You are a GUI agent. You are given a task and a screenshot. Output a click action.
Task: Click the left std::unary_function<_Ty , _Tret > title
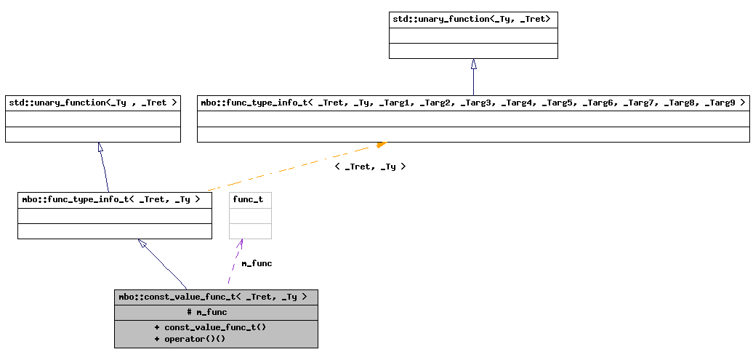92,103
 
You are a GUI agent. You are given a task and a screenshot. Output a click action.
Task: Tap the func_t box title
248,199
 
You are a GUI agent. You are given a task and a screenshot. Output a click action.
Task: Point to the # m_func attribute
207,312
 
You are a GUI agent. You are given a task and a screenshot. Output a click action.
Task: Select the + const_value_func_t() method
210,327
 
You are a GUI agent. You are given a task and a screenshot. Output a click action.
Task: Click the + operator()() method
190,339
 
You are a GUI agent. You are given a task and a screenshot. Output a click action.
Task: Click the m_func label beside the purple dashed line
257,263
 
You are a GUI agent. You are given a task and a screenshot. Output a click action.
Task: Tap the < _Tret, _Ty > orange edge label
370,167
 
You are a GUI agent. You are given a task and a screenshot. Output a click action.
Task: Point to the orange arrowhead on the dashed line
380,145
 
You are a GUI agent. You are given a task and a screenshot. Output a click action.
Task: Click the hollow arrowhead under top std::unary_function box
474,64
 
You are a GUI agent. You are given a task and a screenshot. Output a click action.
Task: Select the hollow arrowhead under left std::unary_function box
100,147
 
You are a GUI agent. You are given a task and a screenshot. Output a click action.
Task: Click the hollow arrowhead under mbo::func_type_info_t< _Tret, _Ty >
142,244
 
